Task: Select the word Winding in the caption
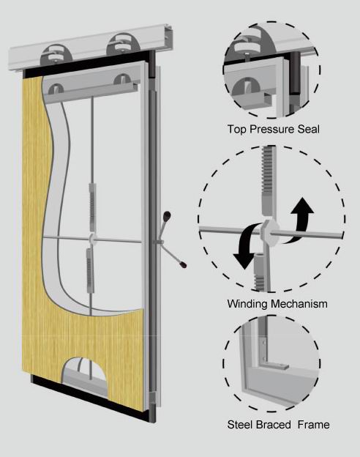(x=247, y=304)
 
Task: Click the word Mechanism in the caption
(x=299, y=304)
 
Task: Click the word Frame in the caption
(x=313, y=425)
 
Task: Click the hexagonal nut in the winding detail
(x=270, y=232)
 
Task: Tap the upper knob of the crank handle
(x=167, y=216)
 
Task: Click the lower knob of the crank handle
(x=182, y=264)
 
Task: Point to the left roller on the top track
(x=55, y=55)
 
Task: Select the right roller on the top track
(x=121, y=44)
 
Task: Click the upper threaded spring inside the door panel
(x=93, y=207)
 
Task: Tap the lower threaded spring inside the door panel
(x=90, y=270)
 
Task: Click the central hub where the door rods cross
(x=92, y=239)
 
